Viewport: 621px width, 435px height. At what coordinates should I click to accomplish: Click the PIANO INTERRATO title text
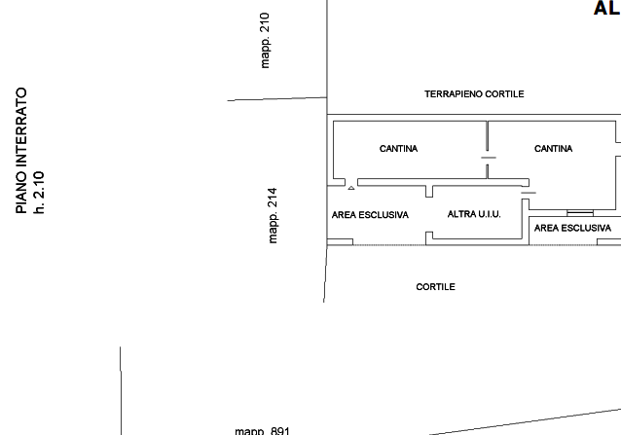[x=21, y=151]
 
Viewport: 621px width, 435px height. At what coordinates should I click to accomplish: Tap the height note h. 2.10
[x=39, y=193]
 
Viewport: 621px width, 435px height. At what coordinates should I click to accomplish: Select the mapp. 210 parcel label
[x=265, y=40]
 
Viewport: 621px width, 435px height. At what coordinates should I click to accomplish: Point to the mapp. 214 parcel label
[x=273, y=215]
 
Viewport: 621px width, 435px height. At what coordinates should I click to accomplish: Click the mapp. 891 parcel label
[x=262, y=431]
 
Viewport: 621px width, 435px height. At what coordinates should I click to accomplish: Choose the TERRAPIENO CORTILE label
[x=474, y=94]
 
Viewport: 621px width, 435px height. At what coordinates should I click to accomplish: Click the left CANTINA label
[x=398, y=149]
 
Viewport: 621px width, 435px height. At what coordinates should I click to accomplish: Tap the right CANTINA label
[x=553, y=149]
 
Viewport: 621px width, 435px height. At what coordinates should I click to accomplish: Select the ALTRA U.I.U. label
[x=474, y=214]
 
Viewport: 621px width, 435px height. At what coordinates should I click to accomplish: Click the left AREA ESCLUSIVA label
[x=370, y=215]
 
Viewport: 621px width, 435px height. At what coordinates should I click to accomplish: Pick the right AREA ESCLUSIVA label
[x=572, y=228]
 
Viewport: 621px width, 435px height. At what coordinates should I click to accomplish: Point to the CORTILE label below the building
[x=436, y=287]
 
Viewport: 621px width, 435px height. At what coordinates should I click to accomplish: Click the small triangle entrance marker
[x=351, y=188]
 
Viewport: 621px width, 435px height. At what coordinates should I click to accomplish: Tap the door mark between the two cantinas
[x=489, y=158]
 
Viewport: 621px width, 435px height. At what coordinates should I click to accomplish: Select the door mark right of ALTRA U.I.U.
[x=529, y=193]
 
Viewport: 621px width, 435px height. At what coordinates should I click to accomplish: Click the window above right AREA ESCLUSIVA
[x=580, y=213]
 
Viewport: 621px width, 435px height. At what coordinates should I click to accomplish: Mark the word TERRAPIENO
[x=454, y=94]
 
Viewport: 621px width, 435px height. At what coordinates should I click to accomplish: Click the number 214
[x=273, y=198]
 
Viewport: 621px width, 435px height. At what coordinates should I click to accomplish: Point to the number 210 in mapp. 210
[x=265, y=22]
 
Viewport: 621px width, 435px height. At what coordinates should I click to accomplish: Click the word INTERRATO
[x=21, y=129]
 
